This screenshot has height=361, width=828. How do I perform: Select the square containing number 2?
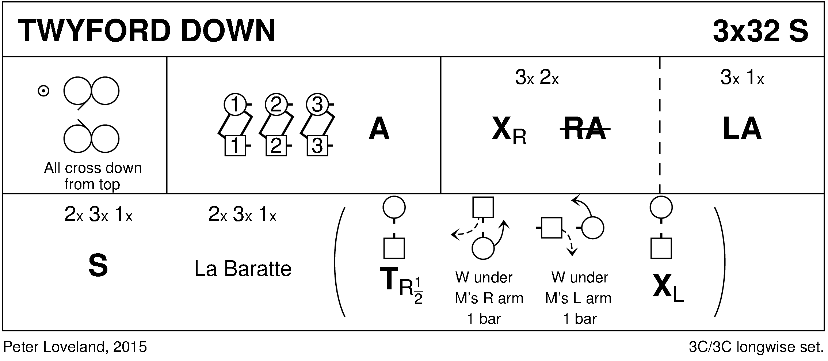point(276,146)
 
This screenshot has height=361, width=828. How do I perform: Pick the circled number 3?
point(317,105)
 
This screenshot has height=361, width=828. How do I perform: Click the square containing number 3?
point(317,146)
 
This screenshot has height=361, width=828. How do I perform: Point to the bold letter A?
point(379,129)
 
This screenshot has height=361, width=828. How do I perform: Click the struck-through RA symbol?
point(585,129)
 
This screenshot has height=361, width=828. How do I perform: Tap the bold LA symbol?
point(742,129)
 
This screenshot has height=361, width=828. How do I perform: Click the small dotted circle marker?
point(43,91)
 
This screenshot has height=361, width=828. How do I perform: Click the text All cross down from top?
point(92,176)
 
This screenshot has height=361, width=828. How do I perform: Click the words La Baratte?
point(243,269)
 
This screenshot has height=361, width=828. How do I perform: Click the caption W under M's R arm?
point(488,298)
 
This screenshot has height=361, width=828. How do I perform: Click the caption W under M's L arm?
point(579,298)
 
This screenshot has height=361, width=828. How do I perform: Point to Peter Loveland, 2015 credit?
point(75,347)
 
